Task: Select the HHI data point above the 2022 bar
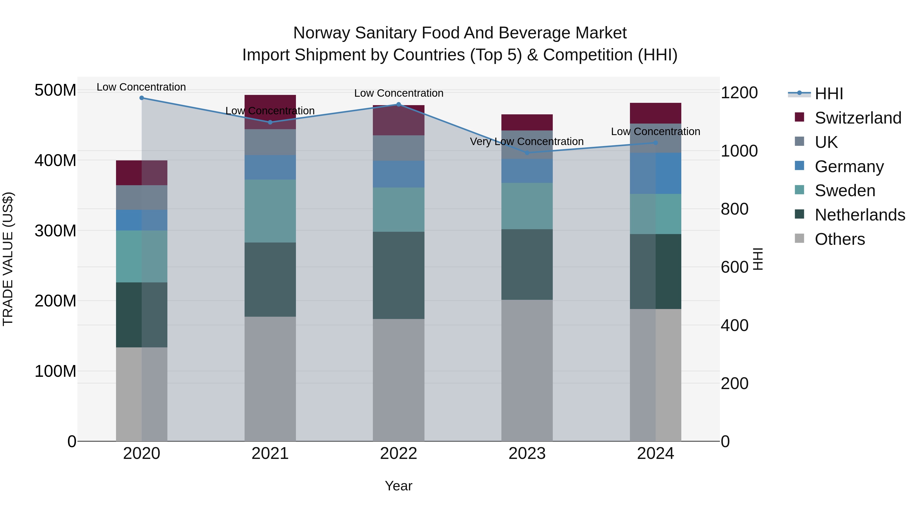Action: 399,104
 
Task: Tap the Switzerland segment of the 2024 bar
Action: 655,113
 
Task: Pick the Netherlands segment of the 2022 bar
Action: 399,275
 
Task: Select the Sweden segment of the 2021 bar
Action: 270,211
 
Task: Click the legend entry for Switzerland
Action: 858,118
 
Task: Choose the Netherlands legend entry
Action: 860,215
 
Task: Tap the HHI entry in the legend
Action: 829,94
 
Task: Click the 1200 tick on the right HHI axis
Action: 739,93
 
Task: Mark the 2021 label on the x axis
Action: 270,454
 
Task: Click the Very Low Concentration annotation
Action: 527,141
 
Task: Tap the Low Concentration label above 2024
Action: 655,131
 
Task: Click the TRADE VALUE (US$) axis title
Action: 8,259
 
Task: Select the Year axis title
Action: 399,486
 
